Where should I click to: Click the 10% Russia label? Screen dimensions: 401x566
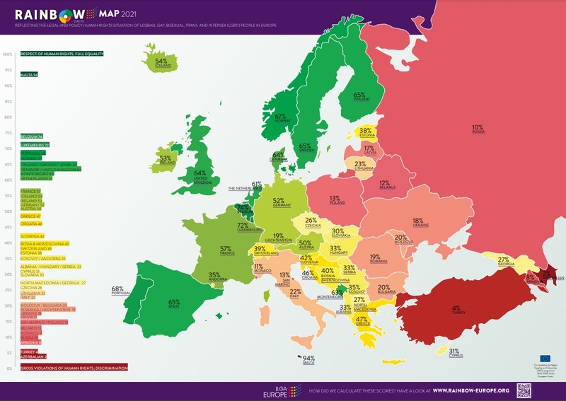[478, 129]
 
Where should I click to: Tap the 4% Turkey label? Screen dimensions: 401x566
[456, 310]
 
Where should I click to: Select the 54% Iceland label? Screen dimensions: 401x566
[161, 63]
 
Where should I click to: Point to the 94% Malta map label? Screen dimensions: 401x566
[308, 359]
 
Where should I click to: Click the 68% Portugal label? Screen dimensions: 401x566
[117, 290]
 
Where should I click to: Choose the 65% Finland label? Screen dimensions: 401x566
[359, 96]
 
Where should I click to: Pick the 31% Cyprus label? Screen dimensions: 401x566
[454, 352]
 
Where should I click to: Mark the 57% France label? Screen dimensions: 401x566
[226, 250]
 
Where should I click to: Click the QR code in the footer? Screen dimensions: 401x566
[524, 390]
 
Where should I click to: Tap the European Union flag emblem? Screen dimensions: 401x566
[545, 359]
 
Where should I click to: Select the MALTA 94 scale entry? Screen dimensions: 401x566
[30, 74]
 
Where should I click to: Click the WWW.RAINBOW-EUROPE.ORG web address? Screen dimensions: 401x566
[470, 390]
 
